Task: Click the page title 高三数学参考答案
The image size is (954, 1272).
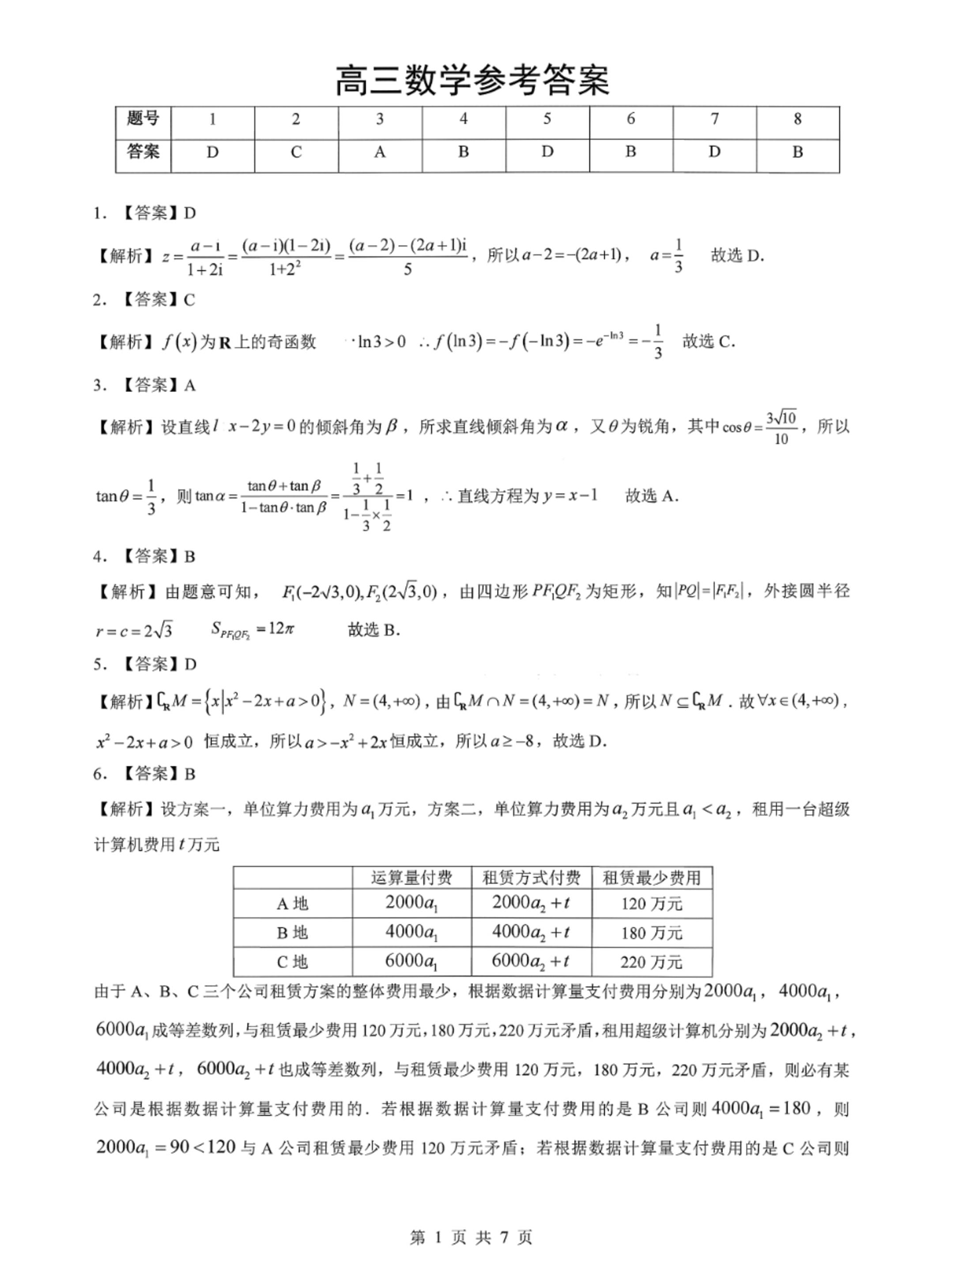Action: tap(471, 81)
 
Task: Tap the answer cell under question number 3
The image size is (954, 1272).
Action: tap(379, 153)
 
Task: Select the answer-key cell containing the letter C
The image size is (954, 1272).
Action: tap(296, 153)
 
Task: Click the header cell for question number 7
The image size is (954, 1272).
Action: tap(714, 119)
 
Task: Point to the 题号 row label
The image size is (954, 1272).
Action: tap(143, 119)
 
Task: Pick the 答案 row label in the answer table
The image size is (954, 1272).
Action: tap(143, 152)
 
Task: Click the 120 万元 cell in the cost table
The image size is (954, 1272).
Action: tap(651, 904)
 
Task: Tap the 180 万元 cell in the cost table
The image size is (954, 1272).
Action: tap(651, 933)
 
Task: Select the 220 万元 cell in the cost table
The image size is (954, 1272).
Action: tap(651, 962)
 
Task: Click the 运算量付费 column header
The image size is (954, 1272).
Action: tap(411, 878)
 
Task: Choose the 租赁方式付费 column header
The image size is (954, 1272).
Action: tap(531, 878)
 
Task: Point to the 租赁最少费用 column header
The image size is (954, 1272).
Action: tap(651, 878)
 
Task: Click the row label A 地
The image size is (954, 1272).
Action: tap(292, 904)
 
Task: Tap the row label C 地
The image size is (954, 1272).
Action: tap(292, 962)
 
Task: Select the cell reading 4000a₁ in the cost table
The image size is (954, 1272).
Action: tap(411, 933)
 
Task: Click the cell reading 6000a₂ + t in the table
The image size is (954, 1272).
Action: tap(530, 962)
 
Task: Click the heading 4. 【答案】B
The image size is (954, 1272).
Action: tap(146, 556)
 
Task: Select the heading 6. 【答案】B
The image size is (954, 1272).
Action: tap(146, 773)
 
